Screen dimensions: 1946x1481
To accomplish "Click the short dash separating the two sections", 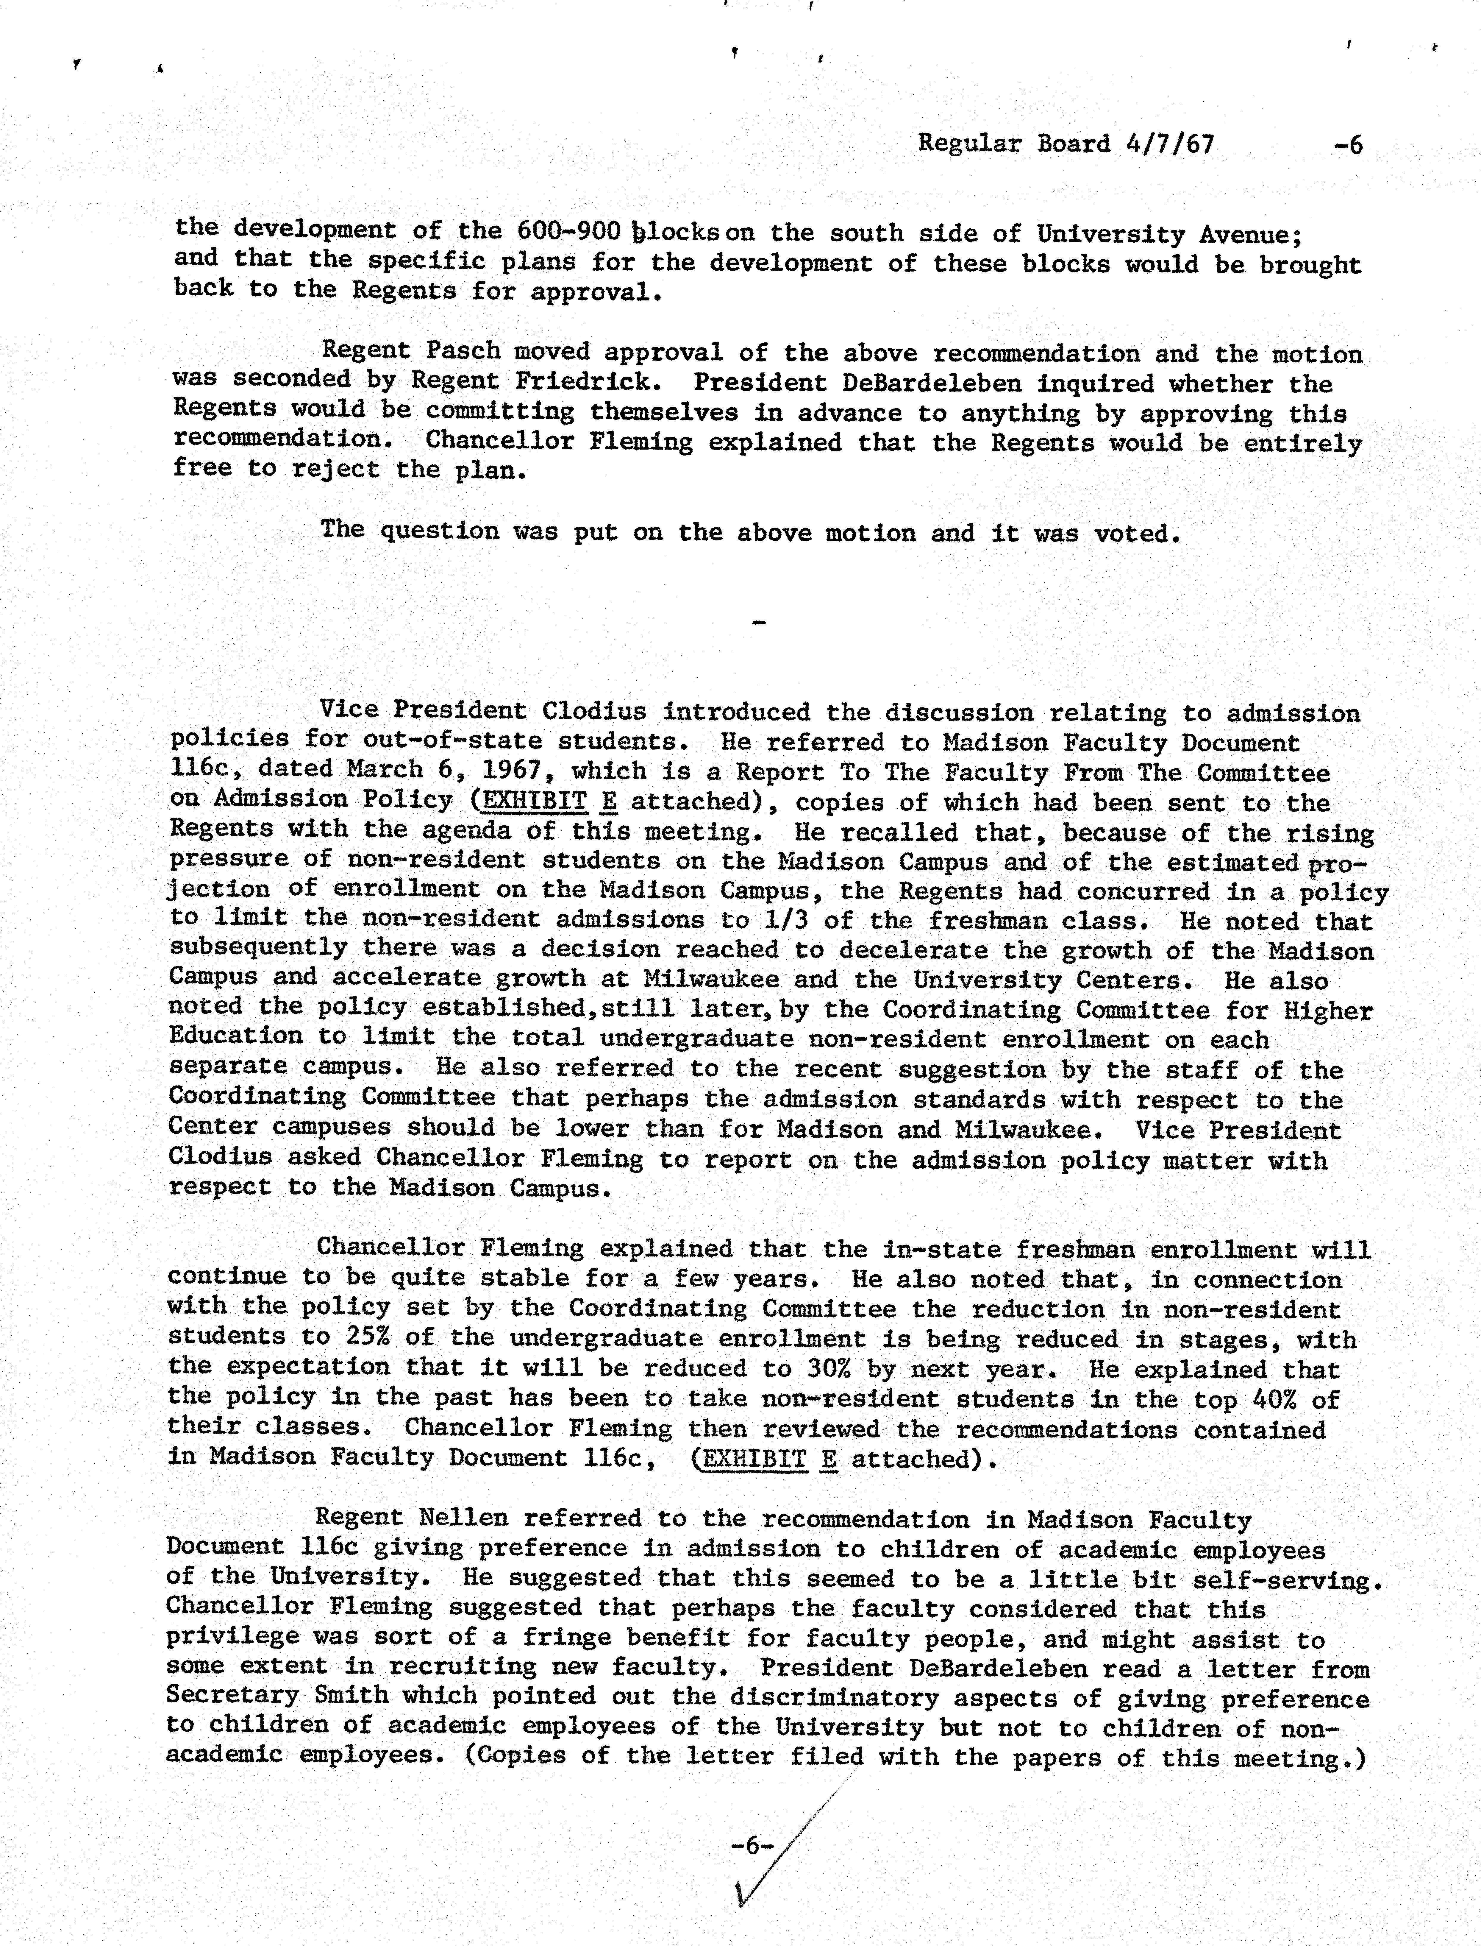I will tap(758, 623).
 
